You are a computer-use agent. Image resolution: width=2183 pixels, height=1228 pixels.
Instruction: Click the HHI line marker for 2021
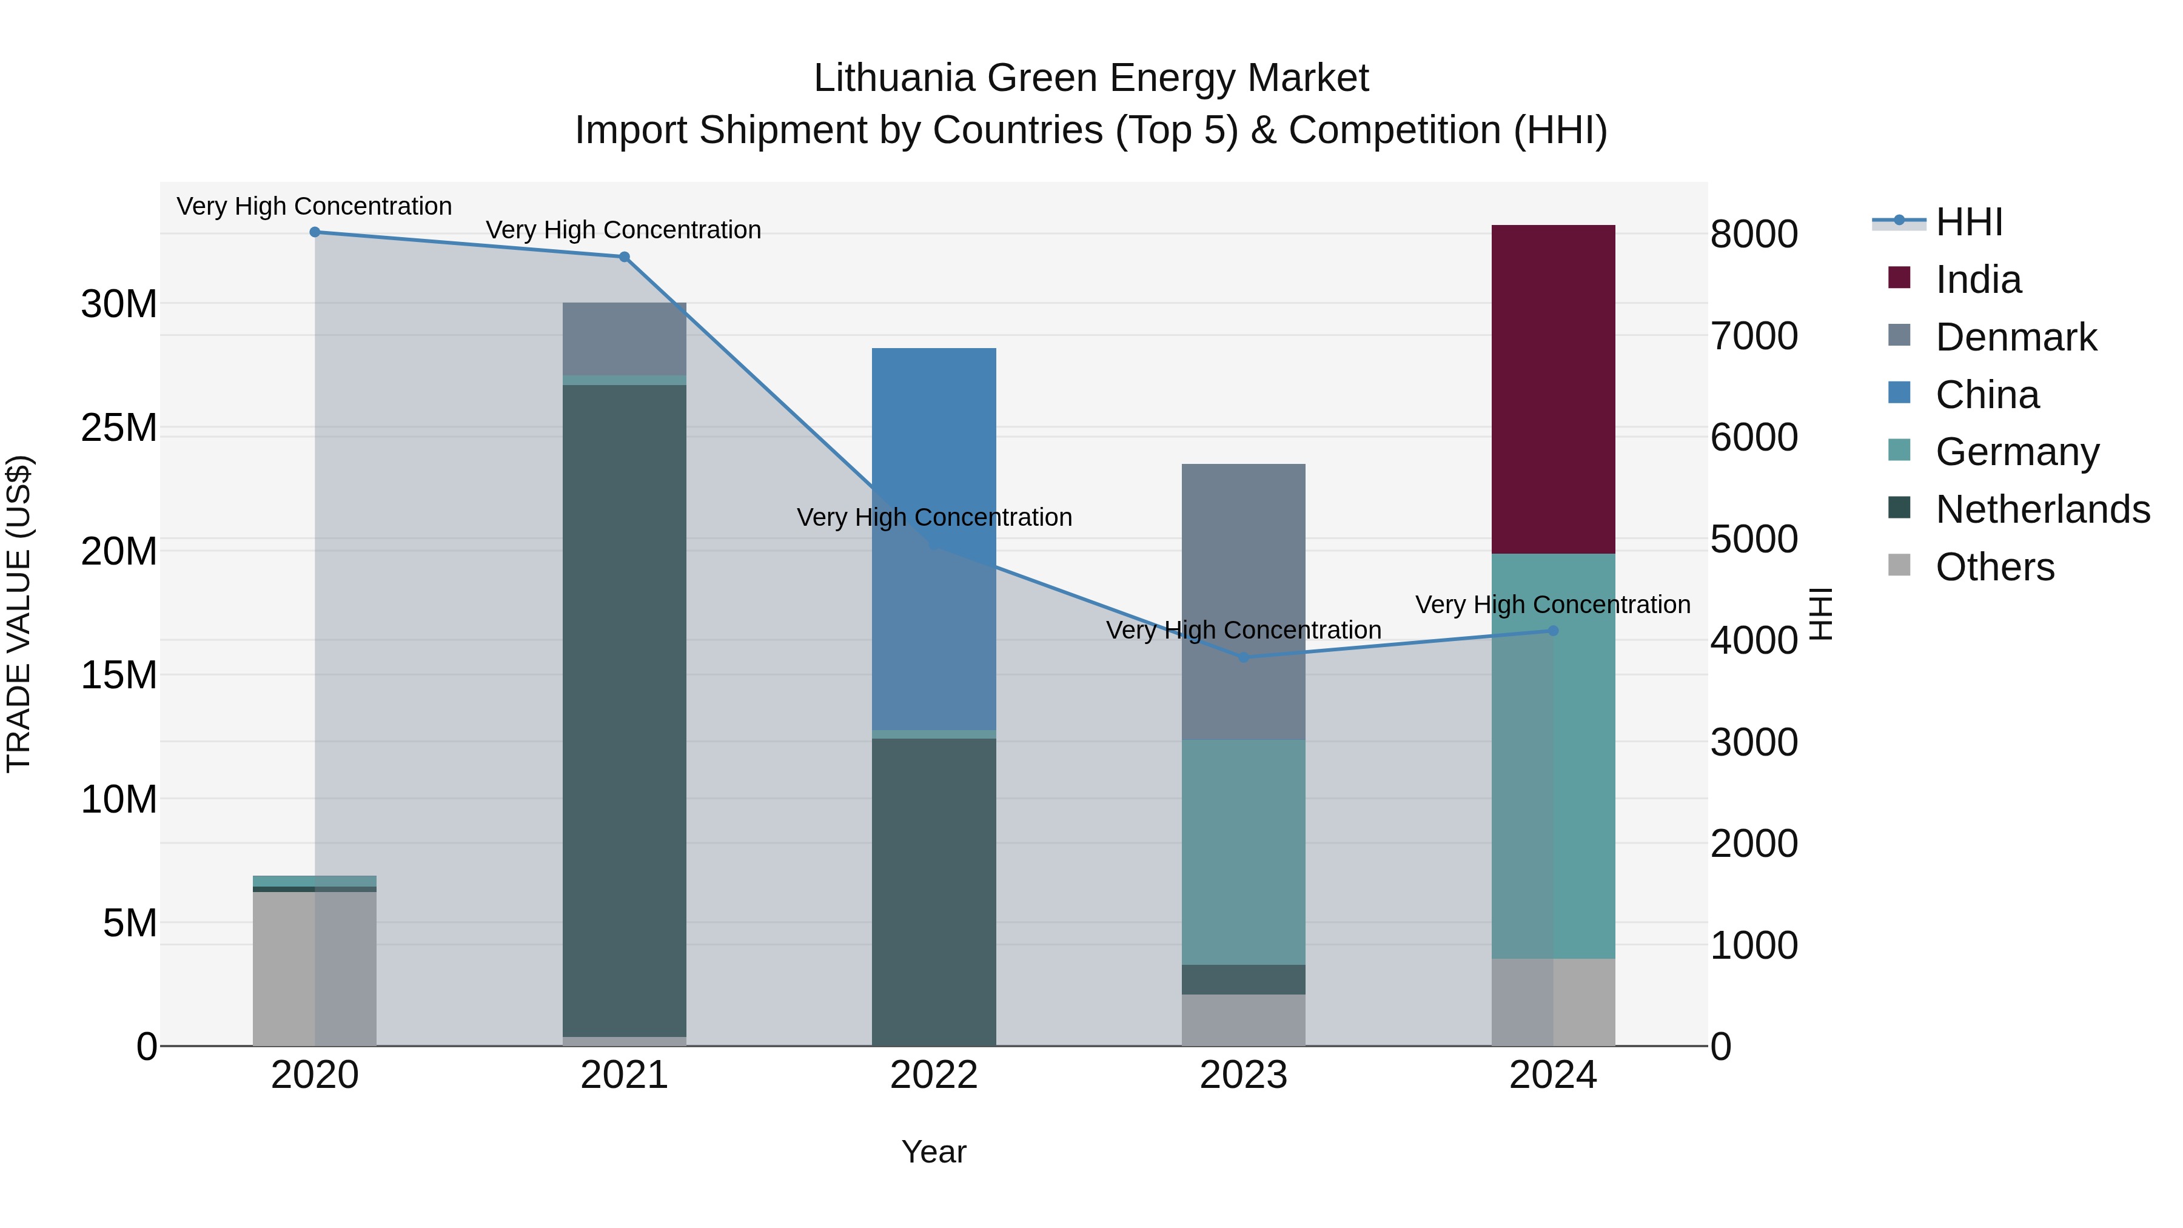(x=625, y=257)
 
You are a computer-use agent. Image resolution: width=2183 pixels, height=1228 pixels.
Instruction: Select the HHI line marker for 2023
(x=1243, y=657)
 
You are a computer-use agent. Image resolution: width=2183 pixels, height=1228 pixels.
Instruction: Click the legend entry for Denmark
(x=2015, y=337)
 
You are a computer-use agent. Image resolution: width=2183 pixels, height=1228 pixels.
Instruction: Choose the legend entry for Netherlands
(x=2042, y=509)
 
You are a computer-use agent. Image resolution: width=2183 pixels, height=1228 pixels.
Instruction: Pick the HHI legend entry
(x=1968, y=222)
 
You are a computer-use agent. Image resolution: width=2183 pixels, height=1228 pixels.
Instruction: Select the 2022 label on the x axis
(x=934, y=1075)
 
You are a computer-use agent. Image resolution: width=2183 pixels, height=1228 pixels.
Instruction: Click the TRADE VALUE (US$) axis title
(x=19, y=614)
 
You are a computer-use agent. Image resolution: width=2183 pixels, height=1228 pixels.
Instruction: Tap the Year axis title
(x=934, y=1152)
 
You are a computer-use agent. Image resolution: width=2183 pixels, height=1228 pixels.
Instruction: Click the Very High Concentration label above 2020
(x=314, y=206)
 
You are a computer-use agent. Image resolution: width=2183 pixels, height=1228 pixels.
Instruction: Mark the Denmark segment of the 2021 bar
(x=625, y=338)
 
